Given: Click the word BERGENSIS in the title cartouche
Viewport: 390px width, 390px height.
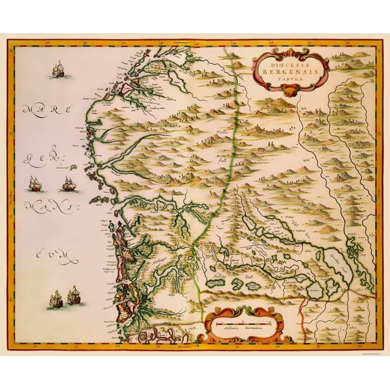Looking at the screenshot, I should coord(290,69).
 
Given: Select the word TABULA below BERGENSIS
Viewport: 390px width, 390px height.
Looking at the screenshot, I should coord(290,77).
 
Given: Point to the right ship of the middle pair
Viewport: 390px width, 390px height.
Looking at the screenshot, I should coord(68,183).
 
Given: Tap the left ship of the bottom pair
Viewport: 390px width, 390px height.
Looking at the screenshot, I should coord(56,299).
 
